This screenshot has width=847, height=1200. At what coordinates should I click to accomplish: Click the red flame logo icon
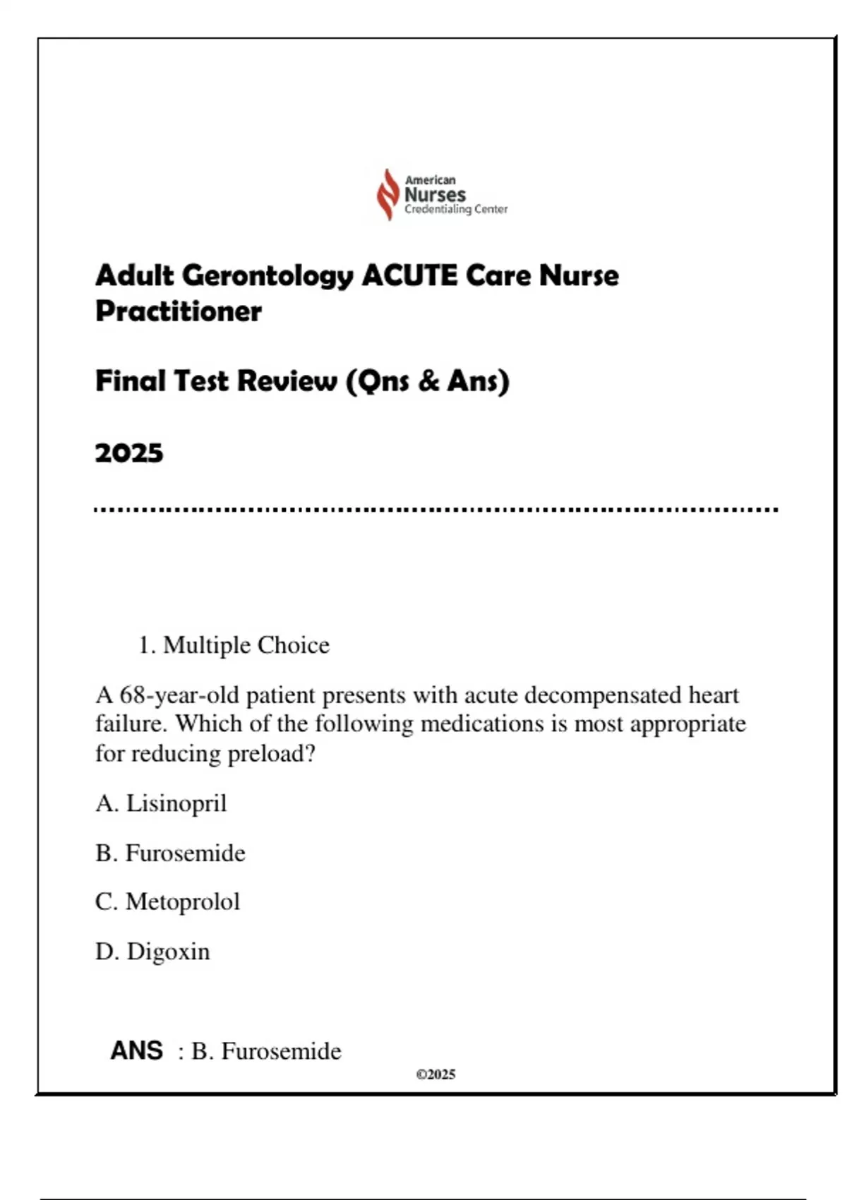coord(388,194)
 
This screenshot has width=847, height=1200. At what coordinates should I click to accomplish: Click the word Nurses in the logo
coord(435,194)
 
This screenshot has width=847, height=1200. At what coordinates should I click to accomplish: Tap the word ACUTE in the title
coord(409,275)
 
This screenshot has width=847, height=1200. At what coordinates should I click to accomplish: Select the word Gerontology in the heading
coord(268,276)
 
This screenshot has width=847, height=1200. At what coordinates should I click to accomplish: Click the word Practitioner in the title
coord(179,311)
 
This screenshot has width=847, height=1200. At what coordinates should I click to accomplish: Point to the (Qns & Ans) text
coord(428,381)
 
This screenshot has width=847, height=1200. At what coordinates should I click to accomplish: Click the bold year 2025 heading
coord(129,453)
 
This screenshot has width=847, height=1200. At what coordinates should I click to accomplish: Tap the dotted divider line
coord(436,509)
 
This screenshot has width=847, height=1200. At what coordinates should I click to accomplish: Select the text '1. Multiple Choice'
coord(234,645)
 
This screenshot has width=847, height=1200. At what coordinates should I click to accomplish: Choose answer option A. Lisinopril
coord(161,803)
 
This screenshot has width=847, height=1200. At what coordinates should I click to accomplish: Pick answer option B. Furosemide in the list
coord(170,853)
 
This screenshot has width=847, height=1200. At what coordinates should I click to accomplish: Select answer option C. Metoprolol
coord(167,901)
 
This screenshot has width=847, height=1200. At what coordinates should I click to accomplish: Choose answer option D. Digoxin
coord(152,952)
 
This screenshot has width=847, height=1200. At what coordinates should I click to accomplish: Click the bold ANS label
coord(136,1051)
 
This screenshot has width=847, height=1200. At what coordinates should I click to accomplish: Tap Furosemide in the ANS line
coord(281,1051)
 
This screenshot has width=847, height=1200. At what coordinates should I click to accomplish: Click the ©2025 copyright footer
coord(435,1074)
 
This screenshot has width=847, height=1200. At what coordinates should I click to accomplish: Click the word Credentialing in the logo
coord(438,209)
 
